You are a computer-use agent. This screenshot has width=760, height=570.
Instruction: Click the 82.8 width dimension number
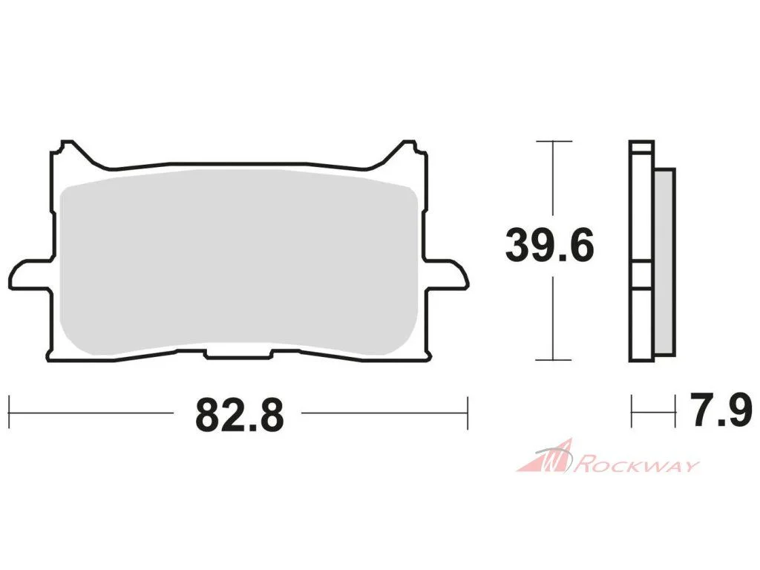click(240, 415)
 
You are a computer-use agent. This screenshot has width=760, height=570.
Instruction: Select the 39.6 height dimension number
click(549, 246)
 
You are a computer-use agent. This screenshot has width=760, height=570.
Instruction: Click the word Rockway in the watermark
click(638, 465)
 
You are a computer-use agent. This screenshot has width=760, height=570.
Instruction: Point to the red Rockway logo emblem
click(547, 456)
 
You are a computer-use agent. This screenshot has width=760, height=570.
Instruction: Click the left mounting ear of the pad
click(30, 275)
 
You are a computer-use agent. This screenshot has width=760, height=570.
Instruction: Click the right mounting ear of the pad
click(447, 275)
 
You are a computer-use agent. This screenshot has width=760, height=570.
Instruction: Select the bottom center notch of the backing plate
click(238, 354)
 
